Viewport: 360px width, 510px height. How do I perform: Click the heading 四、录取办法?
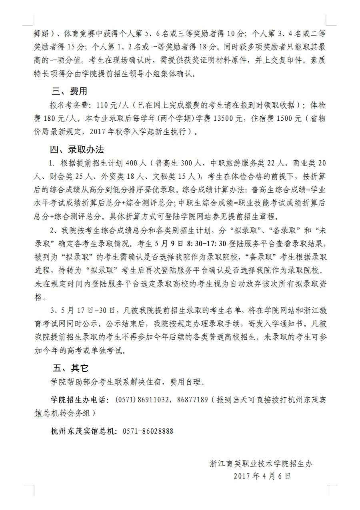pyautogui.click(x=76, y=150)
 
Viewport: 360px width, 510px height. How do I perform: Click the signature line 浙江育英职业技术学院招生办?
pyautogui.click(x=260, y=464)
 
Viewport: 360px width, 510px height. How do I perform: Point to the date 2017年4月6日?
pyautogui.click(x=262, y=476)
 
